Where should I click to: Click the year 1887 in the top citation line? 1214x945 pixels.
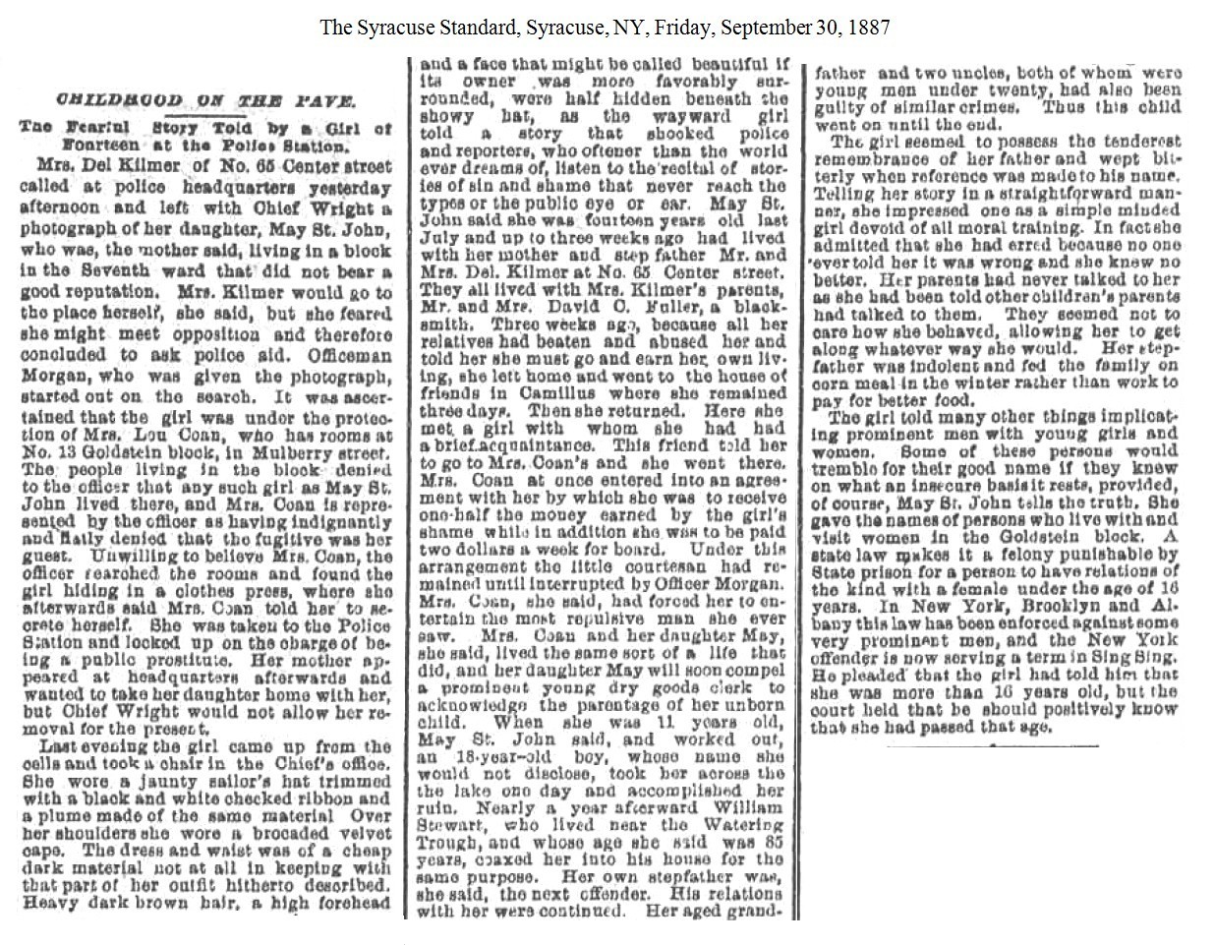coord(869,27)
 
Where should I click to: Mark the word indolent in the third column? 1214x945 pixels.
coord(908,366)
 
